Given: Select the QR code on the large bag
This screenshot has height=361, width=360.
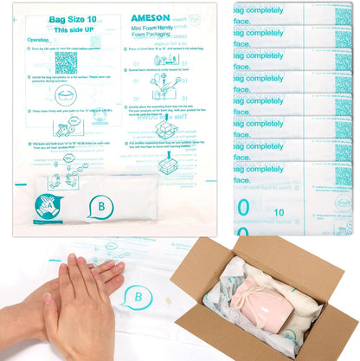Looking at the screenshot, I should pyautogui.click(x=66, y=63).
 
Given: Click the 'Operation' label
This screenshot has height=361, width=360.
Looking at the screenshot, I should pyautogui.click(x=38, y=40).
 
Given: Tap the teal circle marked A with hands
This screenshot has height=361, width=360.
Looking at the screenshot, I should pyautogui.click(x=50, y=208).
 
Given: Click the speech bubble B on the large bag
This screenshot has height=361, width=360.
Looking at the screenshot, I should pyautogui.click(x=100, y=208).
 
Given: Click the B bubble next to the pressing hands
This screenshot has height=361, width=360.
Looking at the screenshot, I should pyautogui.click(x=134, y=298).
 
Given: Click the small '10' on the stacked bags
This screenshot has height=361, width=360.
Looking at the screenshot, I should pyautogui.click(x=279, y=210).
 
